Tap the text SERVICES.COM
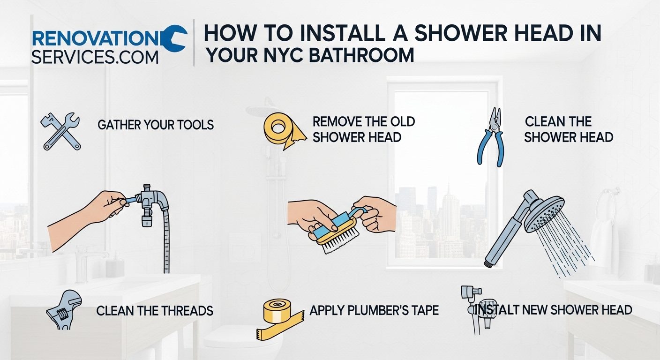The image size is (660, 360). [95, 57]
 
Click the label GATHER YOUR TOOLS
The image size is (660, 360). [156, 125]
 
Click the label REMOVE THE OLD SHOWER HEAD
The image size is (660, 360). [363, 129]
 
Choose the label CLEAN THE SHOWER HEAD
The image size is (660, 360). [568, 129]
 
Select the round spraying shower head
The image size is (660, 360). [544, 213]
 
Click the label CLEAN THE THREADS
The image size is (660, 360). [155, 310]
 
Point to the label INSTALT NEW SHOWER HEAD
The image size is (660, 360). [554, 310]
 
